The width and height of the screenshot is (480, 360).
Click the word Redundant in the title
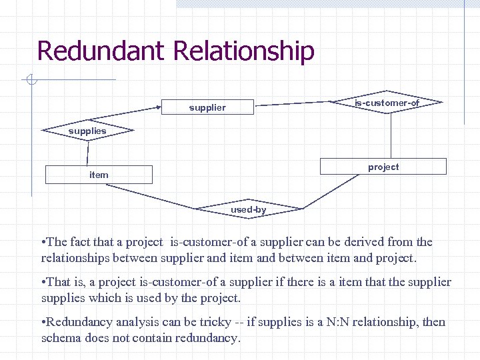[x=91, y=51]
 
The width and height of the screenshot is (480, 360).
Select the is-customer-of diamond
[x=387, y=103]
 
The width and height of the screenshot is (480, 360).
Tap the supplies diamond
[x=87, y=131]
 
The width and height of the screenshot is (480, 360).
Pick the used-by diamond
[x=248, y=209]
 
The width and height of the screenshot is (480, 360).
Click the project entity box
[x=383, y=167]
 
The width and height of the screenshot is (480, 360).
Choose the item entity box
[x=99, y=175]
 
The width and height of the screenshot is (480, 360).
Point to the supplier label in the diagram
[x=207, y=107]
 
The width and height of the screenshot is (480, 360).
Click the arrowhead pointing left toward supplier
[x=161, y=107]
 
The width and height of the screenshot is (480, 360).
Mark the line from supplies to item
[x=87, y=152]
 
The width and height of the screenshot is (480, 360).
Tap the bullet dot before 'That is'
[x=43, y=283]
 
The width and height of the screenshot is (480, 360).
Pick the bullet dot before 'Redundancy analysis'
[x=43, y=323]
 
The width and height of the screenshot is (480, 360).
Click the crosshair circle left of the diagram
[x=31, y=81]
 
